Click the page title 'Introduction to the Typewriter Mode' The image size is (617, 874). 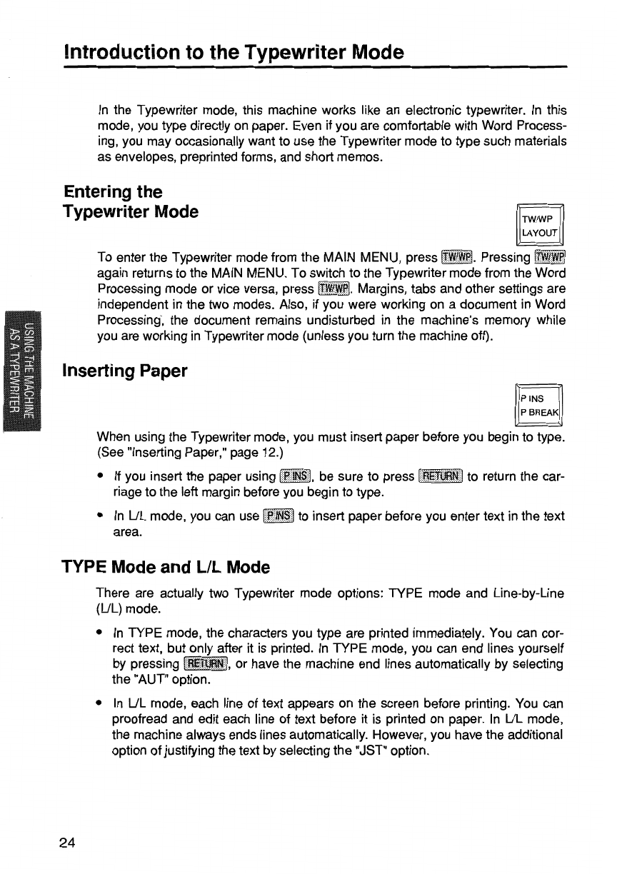tap(234, 52)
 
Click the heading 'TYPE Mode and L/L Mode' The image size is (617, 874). tap(166, 567)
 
